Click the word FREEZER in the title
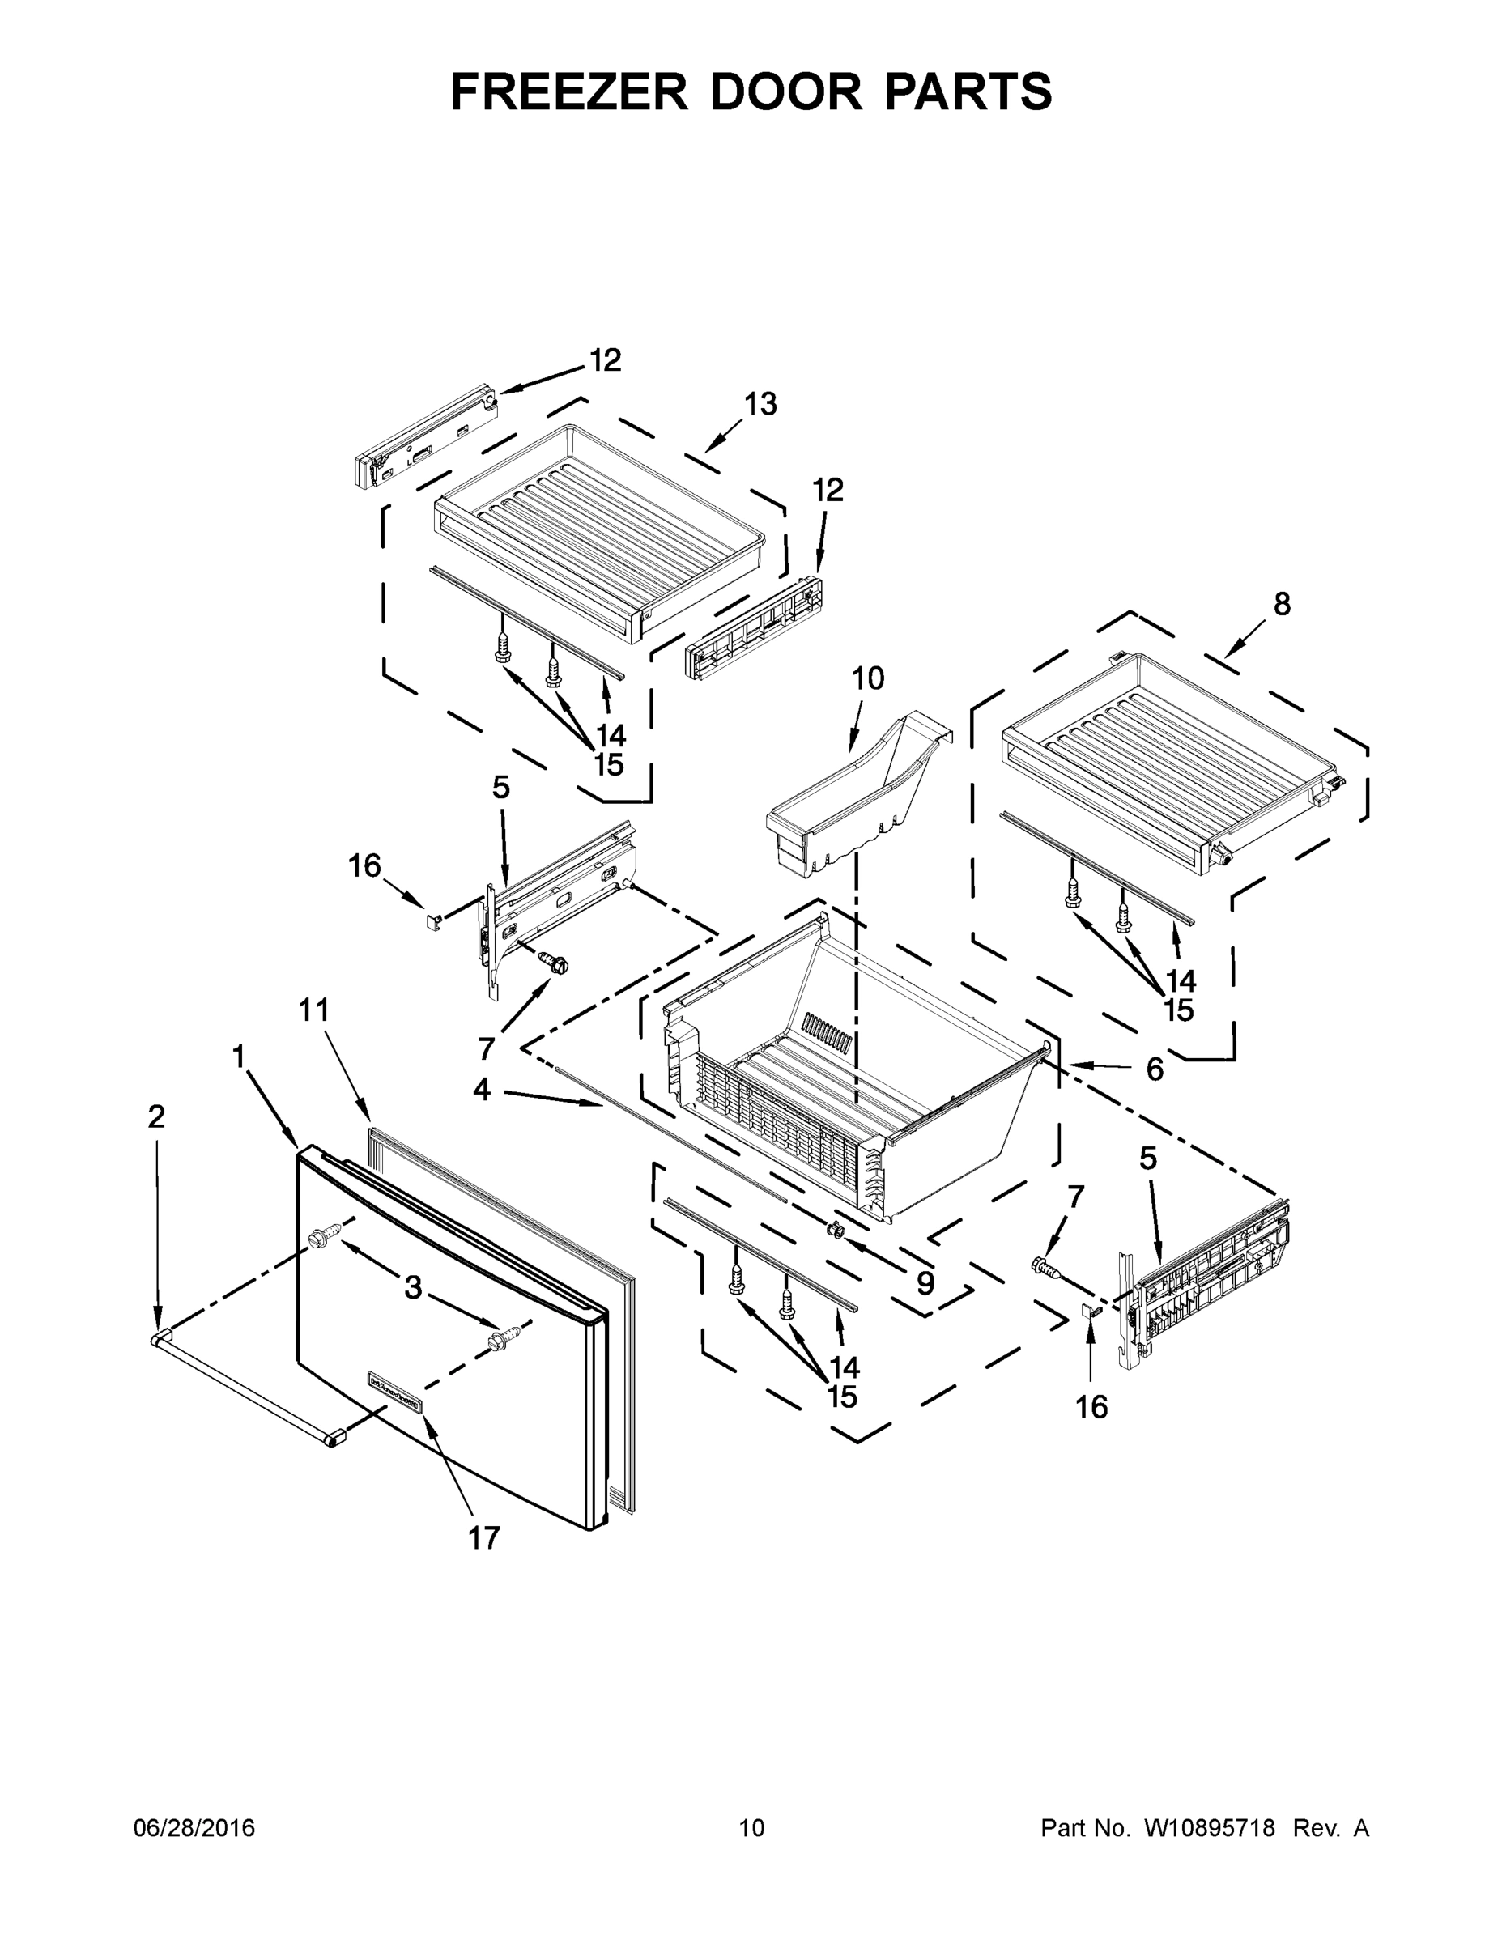569,91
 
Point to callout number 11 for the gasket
314,1010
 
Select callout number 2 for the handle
156,1116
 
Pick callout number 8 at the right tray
1281,604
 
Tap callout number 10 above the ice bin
867,678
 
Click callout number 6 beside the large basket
1154,1069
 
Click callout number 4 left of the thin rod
482,1090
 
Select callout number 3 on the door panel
413,1286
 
